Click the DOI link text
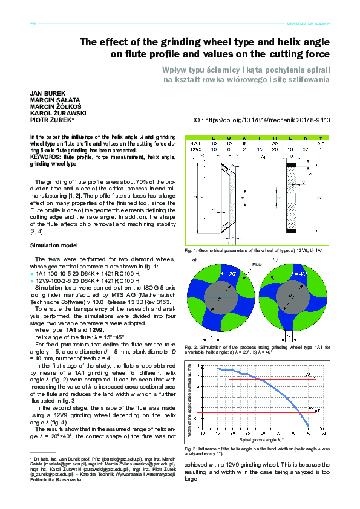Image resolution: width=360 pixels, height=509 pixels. tap(260, 120)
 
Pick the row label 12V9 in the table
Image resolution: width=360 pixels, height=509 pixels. tap(195, 149)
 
